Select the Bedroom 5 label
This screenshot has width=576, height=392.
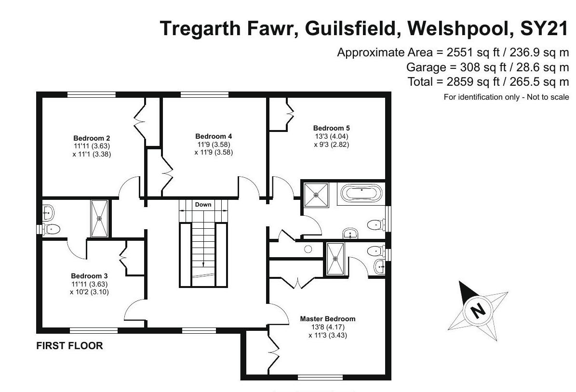click(331, 128)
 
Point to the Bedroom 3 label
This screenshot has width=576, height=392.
click(89, 276)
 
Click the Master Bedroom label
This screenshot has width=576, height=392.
click(327, 319)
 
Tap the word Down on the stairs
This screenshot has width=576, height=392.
click(203, 205)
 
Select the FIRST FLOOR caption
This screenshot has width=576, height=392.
click(70, 346)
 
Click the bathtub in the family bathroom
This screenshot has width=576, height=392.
click(362, 194)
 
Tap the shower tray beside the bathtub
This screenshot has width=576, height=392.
click(316, 195)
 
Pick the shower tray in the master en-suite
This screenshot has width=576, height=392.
click(336, 259)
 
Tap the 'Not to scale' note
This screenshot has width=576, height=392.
click(548, 97)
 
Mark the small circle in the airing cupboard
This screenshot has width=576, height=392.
click(308, 249)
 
